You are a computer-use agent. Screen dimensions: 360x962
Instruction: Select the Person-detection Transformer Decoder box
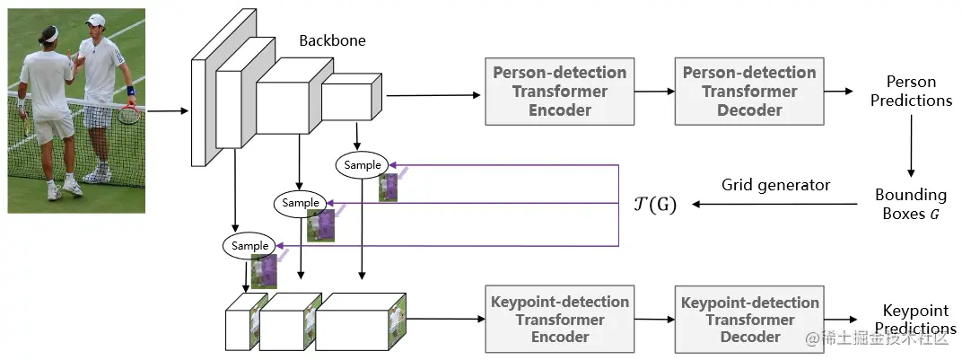coord(749,92)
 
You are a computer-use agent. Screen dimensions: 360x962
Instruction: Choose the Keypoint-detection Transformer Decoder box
coord(749,319)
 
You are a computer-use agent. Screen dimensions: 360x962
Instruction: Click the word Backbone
coord(332,41)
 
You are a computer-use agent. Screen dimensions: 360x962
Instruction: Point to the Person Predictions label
coord(912,91)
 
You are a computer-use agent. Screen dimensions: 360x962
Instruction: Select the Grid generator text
coord(775,186)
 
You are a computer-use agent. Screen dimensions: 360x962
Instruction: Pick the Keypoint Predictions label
coord(911,319)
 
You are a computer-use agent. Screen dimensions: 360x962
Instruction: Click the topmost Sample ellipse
coord(363,165)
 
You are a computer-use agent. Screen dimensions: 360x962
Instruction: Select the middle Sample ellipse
coord(301,203)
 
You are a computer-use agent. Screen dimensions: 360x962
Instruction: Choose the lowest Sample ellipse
coord(250,245)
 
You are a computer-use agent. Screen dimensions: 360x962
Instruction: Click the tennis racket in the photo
coord(130,113)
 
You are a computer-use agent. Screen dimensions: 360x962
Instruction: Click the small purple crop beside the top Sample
coord(388,187)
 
